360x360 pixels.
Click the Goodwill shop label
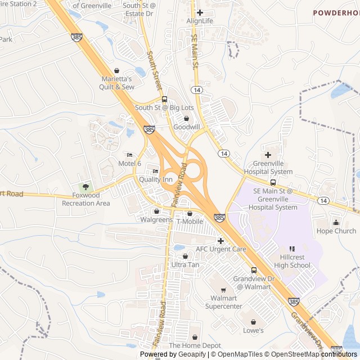[186, 127]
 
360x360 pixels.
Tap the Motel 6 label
[129, 163]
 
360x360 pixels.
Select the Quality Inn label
[156, 179]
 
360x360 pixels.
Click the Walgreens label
[156, 219]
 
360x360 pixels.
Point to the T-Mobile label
[190, 221]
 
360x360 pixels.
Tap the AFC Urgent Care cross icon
[220, 241]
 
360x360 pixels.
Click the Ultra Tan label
[185, 264]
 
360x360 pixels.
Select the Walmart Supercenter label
[223, 302]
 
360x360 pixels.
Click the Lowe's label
[253, 331]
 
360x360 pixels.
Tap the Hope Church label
[336, 231]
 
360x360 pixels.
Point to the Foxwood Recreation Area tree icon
[85, 187]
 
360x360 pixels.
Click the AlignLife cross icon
[200, 12]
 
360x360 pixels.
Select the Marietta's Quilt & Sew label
[118, 83]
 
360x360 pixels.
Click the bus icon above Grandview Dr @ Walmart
[254, 271]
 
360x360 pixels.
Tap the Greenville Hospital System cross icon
[268, 155]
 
